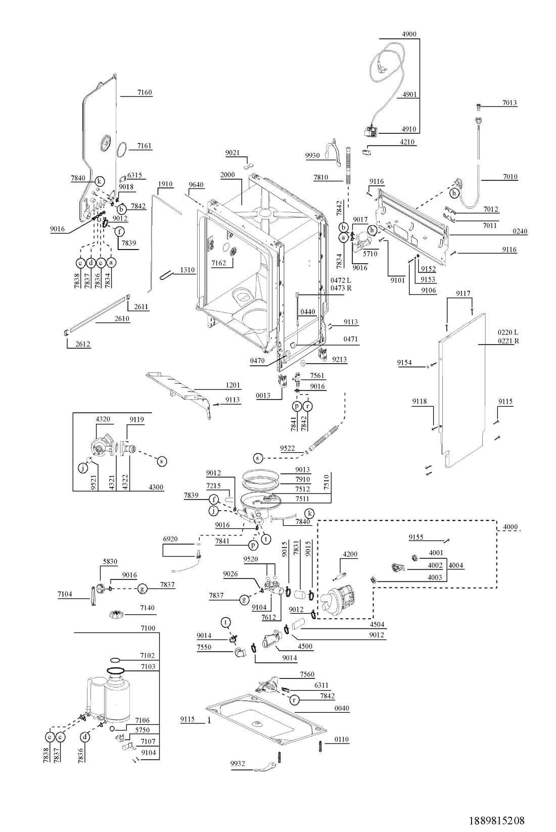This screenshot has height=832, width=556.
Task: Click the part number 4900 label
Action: pyautogui.click(x=409, y=34)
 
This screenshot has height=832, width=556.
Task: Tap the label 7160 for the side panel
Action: pyautogui.click(x=144, y=92)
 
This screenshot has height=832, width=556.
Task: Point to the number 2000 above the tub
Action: pyautogui.click(x=227, y=175)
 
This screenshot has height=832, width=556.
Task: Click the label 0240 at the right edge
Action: pyautogui.click(x=520, y=231)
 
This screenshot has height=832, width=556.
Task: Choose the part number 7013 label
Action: pyautogui.click(x=509, y=103)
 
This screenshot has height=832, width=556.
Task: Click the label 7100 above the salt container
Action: pyautogui.click(x=148, y=628)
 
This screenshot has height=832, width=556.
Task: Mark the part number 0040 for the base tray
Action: pyautogui.click(x=342, y=708)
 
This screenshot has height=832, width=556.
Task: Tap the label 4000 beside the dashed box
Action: pyautogui.click(x=511, y=527)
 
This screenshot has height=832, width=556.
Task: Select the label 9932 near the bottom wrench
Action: pyautogui.click(x=237, y=763)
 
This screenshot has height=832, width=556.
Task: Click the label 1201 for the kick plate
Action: pyautogui.click(x=233, y=385)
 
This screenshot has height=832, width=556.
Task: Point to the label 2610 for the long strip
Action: pyautogui.click(x=122, y=319)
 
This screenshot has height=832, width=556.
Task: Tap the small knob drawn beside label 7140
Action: pyautogui.click(x=116, y=614)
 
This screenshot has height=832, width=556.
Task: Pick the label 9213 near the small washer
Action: pyautogui.click(x=340, y=360)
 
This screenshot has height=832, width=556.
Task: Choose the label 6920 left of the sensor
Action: pyautogui.click(x=170, y=539)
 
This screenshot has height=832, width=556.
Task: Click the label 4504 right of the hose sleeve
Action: pyautogui.click(x=377, y=624)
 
